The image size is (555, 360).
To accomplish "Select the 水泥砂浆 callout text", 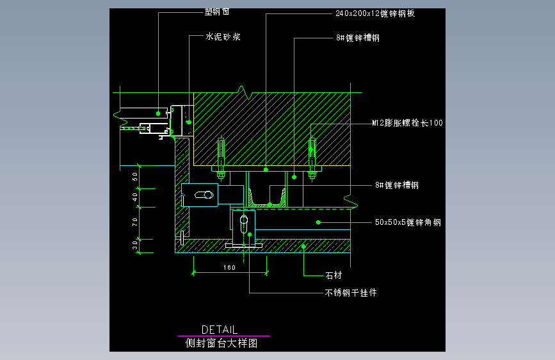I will click(223, 37).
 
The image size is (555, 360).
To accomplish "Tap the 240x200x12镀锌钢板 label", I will click(374, 13).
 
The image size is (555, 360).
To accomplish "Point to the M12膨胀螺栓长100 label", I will click(408, 123).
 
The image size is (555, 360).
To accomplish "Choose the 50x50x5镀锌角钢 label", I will click(408, 223).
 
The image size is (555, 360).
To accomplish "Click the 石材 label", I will click(334, 276).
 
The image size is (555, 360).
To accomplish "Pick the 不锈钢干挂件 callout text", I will click(351, 293).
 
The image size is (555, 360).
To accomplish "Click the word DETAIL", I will click(220, 329).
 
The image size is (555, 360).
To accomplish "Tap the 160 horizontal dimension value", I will click(230, 267).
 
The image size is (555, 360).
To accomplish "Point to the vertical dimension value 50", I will click(135, 176).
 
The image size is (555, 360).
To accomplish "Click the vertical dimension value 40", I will click(135, 197).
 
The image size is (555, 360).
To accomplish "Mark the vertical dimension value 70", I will click(135, 222).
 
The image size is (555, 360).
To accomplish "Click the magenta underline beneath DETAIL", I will click(223, 336).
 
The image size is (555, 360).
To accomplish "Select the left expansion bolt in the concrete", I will click(221, 157).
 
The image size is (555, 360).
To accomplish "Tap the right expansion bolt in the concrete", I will click(312, 157).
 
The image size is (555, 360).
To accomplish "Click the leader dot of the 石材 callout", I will click(304, 245).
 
